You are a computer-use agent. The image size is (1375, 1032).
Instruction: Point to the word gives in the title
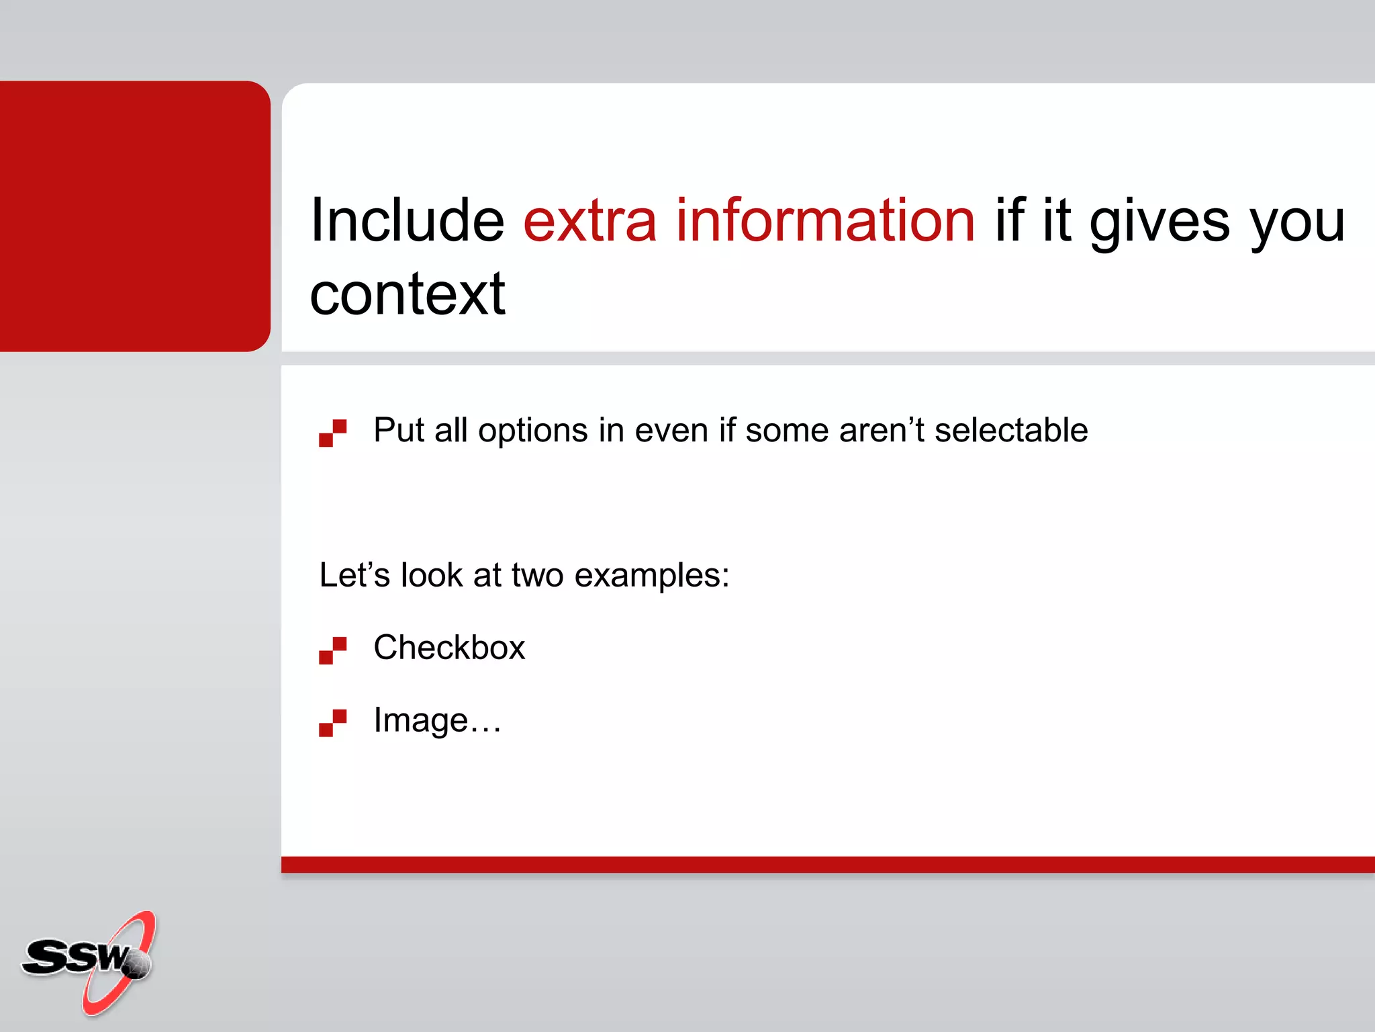click(1159, 222)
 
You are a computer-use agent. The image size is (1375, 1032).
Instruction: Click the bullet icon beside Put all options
click(332, 433)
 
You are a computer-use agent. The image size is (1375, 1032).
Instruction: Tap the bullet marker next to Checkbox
click(332, 650)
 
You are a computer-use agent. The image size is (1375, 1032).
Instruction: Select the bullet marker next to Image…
click(332, 722)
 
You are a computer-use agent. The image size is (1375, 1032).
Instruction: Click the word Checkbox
click(449, 648)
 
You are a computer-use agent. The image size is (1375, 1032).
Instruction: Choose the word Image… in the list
click(437, 720)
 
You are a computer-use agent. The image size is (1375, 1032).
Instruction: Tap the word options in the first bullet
click(533, 431)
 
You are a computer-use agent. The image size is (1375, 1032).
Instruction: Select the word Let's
click(354, 575)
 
